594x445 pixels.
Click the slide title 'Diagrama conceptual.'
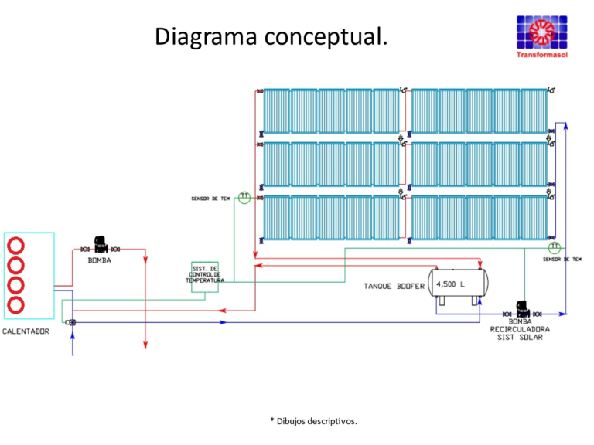(271, 36)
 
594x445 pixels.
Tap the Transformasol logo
(541, 35)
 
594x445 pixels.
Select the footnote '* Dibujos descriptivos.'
(313, 421)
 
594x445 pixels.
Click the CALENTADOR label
(26, 331)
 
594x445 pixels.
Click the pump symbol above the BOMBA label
(99, 246)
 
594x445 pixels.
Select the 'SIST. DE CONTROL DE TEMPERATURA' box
(205, 274)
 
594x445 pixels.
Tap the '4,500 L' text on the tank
(451, 284)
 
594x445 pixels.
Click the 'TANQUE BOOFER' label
(394, 286)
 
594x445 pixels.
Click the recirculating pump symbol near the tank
(521, 310)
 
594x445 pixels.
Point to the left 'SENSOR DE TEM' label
(211, 199)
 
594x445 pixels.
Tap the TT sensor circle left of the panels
(244, 197)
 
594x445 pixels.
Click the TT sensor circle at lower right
(554, 247)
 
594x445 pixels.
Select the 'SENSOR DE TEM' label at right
(562, 260)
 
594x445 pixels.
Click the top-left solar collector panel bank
(330, 111)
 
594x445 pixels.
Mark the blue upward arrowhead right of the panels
(565, 125)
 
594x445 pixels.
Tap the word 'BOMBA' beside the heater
(99, 260)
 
